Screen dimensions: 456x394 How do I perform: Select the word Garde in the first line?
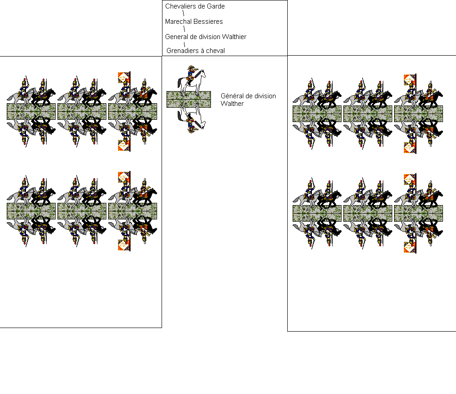coord(216,6)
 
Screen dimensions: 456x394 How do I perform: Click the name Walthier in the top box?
coord(234,37)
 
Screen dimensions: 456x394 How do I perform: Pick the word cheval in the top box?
coord(215,51)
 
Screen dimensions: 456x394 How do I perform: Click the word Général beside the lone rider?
coord(232,96)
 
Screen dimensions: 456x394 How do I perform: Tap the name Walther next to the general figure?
coord(232,104)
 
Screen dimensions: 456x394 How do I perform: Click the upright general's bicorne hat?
coord(191,68)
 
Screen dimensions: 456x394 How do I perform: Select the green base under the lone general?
coord(189,100)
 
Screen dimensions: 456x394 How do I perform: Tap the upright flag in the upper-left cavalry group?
coord(123,78)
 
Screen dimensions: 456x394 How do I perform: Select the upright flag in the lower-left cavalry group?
coord(123,177)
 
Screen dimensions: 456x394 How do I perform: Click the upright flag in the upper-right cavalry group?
coord(409,80)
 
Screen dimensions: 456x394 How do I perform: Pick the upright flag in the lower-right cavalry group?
coord(409,179)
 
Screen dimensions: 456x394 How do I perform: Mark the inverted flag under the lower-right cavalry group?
coord(409,247)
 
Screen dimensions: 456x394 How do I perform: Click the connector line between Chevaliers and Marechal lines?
coord(183,13)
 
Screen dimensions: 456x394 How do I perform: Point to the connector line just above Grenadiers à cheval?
coord(184,44)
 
